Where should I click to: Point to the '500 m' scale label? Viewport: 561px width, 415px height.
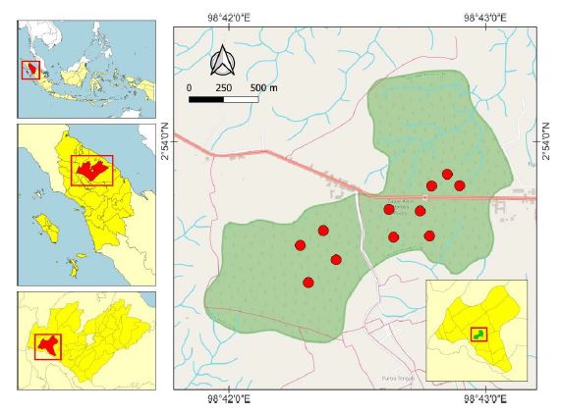[x=264, y=87]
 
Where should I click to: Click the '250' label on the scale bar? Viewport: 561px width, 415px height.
[x=224, y=87]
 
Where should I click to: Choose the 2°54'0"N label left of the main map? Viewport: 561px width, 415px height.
[x=165, y=147]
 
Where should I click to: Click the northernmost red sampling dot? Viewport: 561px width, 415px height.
[x=447, y=175]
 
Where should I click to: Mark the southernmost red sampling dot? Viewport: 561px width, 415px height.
[x=309, y=283]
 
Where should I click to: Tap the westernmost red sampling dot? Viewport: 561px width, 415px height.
[x=301, y=245]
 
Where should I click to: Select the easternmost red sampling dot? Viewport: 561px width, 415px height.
[x=459, y=185]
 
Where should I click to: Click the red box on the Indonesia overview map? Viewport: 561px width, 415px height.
[x=31, y=70]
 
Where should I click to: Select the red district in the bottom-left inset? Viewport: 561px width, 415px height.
[x=47, y=344]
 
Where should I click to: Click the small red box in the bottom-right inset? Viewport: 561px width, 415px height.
[x=477, y=335]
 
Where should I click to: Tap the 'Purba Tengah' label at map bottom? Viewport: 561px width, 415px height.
[x=393, y=378]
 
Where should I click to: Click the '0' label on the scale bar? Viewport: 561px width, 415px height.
[x=189, y=87]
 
